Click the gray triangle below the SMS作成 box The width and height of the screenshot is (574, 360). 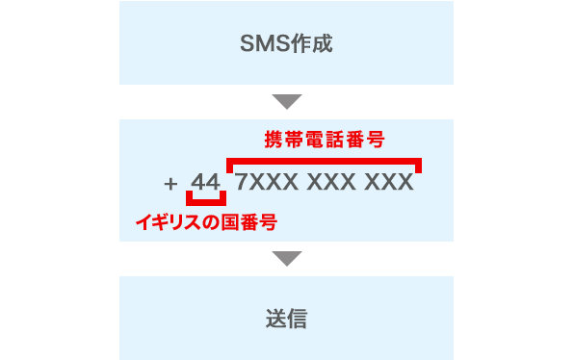click(x=287, y=101)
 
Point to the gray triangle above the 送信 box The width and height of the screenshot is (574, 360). click(x=287, y=258)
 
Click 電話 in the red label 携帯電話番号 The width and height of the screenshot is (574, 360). click(x=325, y=140)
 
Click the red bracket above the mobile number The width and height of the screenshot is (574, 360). click(x=324, y=159)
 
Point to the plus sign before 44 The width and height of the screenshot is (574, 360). click(x=171, y=182)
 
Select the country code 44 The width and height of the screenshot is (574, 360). click(x=206, y=182)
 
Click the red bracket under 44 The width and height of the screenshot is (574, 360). click(x=206, y=201)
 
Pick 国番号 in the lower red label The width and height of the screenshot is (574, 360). click(x=249, y=222)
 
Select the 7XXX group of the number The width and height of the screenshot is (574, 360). click(x=262, y=182)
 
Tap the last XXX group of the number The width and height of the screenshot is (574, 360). click(x=389, y=182)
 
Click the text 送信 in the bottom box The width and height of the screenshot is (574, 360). click(x=286, y=320)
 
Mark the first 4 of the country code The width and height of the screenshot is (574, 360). click(x=198, y=182)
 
